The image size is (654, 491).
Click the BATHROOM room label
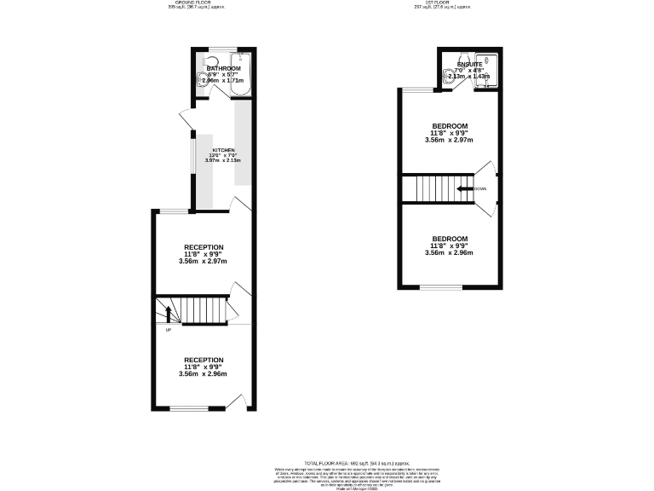(x=223, y=68)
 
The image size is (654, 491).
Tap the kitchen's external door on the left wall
(x=184, y=122)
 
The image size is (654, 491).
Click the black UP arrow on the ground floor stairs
(x=168, y=313)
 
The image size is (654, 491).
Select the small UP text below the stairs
(x=169, y=330)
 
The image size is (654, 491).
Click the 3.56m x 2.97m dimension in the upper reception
(x=204, y=261)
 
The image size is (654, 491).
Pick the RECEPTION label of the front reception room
(x=204, y=360)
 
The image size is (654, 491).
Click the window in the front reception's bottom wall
(x=187, y=409)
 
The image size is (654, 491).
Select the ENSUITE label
(x=469, y=65)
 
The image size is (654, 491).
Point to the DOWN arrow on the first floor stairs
(x=465, y=188)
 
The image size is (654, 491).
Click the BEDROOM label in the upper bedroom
(x=449, y=126)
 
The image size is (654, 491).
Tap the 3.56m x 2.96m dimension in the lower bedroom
(x=449, y=253)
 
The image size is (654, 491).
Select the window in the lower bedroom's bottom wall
(x=436, y=288)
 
